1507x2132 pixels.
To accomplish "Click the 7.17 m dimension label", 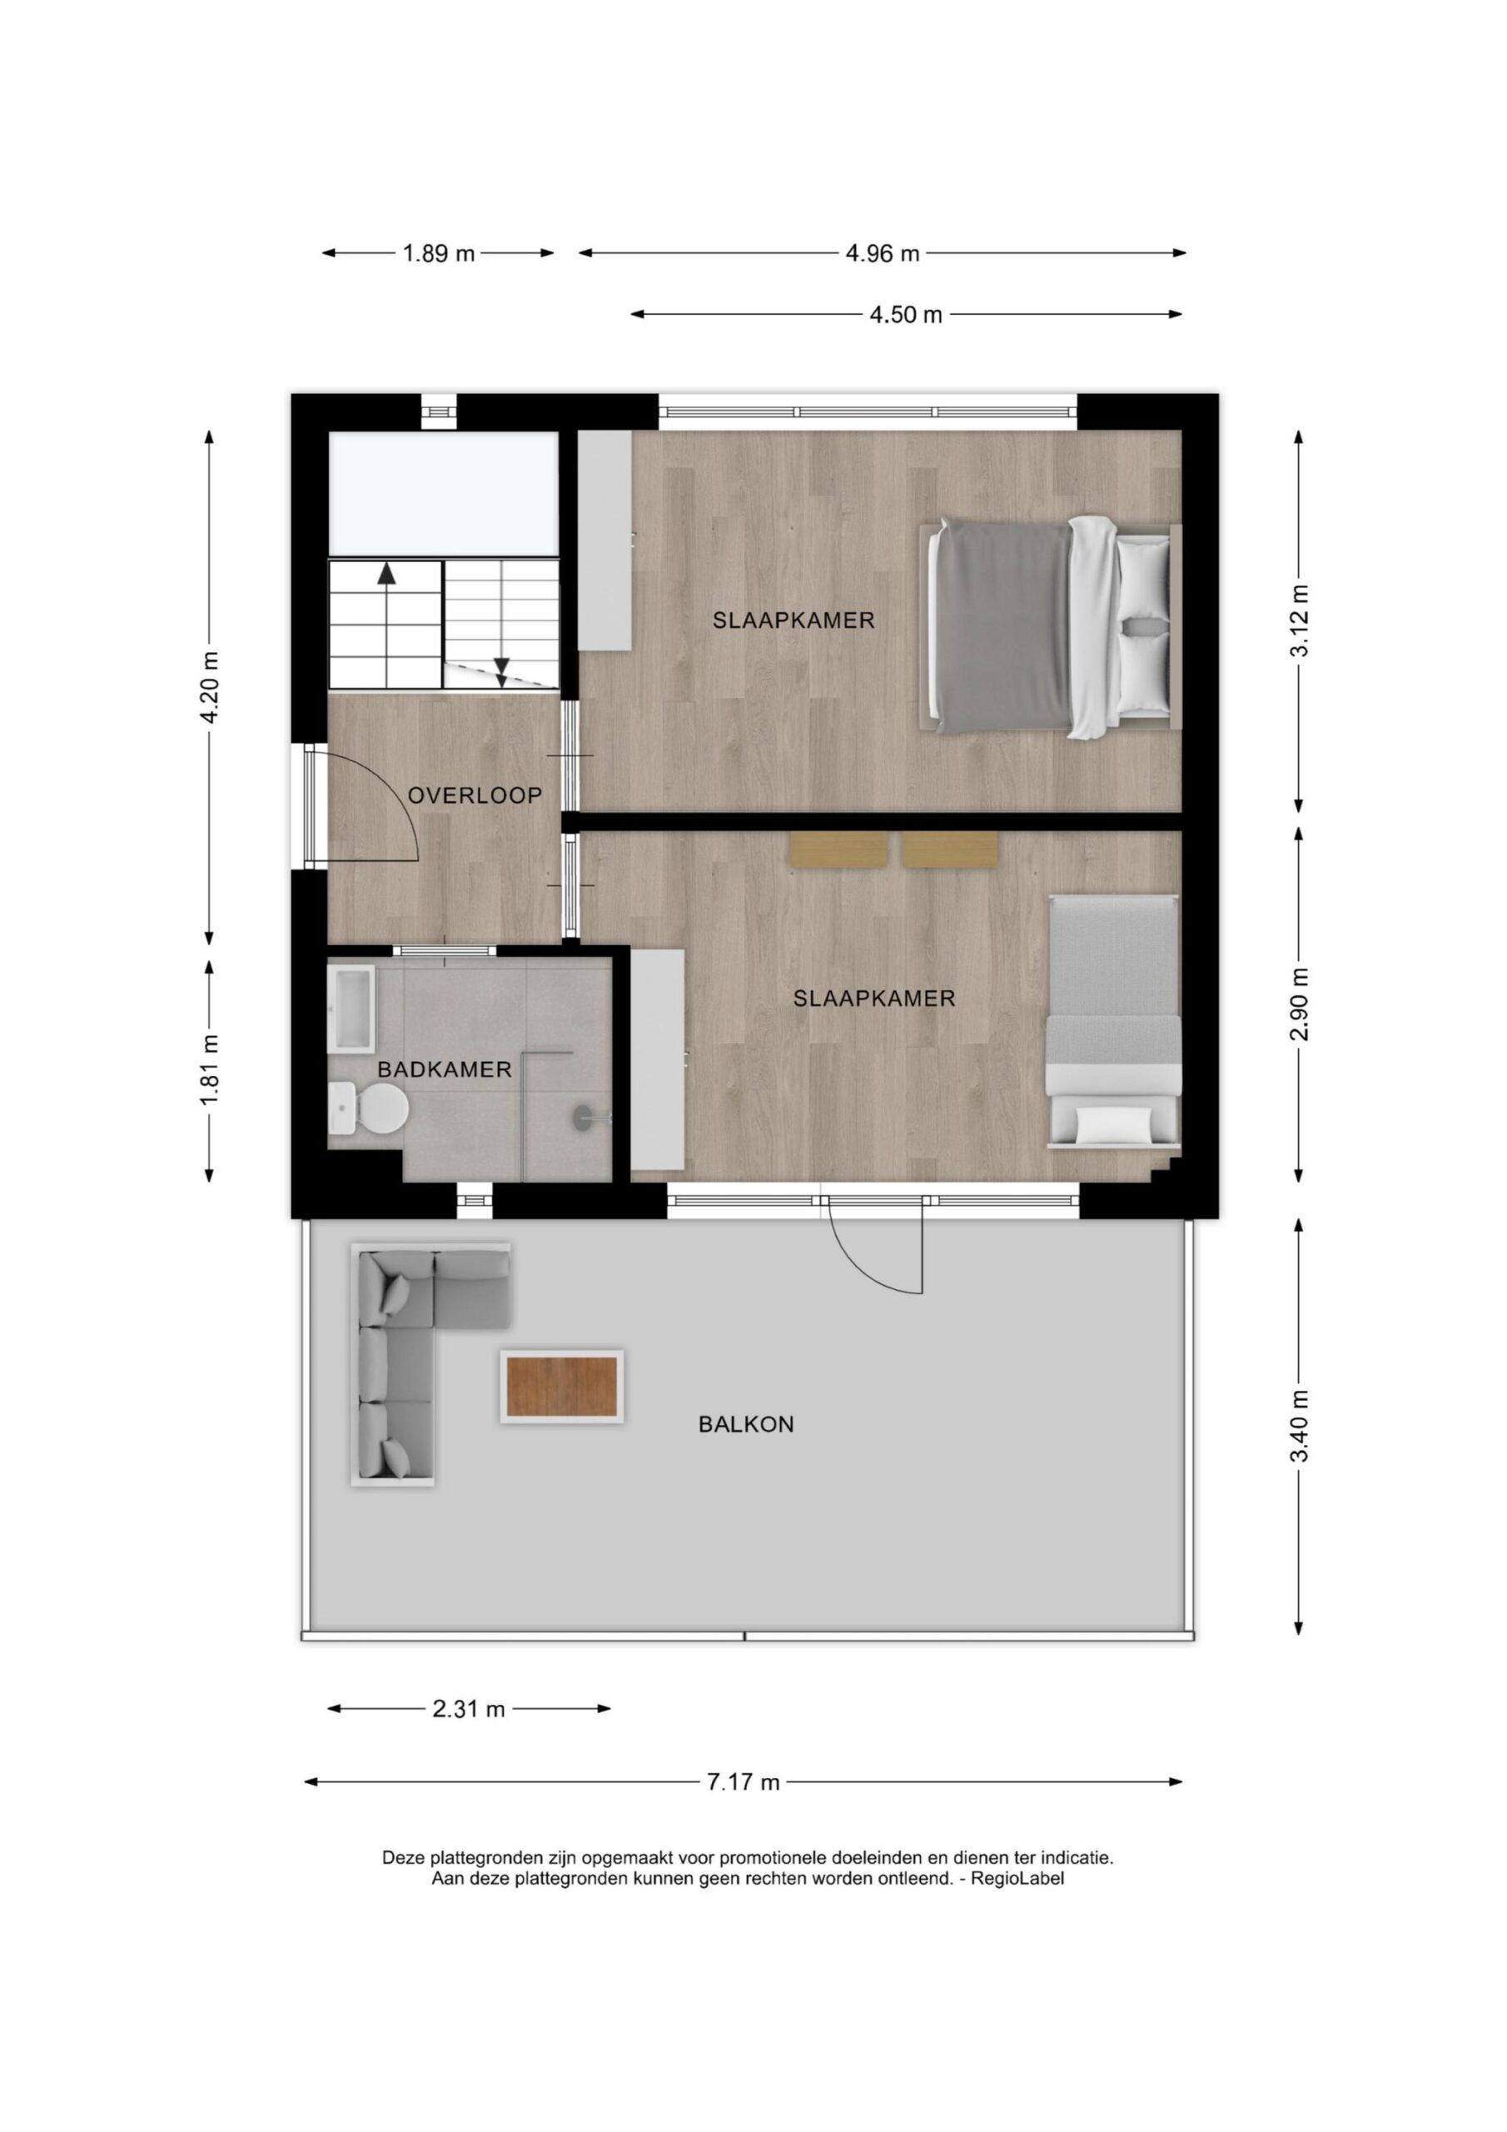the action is [x=743, y=1782].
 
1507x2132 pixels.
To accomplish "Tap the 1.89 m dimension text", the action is [x=438, y=253].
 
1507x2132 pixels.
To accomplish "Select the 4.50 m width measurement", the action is [x=905, y=315].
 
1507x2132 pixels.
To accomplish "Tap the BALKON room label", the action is [x=746, y=1424].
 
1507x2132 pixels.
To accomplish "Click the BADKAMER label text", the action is [x=444, y=1069].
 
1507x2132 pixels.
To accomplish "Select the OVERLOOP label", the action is [x=475, y=796].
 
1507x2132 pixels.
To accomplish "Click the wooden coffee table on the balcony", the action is [x=561, y=1387].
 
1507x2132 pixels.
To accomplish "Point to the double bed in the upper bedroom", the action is [x=1050, y=629].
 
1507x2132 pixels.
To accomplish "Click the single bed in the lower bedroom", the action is [x=1113, y=1023].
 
